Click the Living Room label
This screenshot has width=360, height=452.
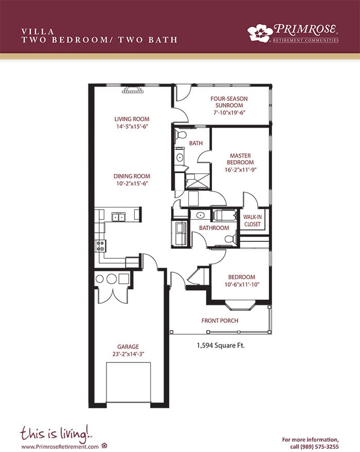pos(132,119)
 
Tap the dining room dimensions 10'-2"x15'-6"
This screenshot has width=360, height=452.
pos(132,184)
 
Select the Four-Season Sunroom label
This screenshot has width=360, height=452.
pos(229,102)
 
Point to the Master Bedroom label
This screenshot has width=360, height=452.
pos(240,159)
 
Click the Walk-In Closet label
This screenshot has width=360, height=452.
pos(253,220)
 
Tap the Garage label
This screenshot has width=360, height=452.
pos(128,346)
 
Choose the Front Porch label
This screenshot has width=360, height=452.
pos(220,321)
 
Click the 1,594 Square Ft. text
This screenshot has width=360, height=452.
pos(221,345)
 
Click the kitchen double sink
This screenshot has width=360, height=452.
pos(118,217)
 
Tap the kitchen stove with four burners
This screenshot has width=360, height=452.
pos(100,246)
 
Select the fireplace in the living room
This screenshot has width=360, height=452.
pos(133,90)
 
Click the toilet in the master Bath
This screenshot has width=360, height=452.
pos(181,134)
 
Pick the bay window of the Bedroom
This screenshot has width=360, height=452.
pos(240,305)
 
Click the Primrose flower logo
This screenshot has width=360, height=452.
pos(260,33)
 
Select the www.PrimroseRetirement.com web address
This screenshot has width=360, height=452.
pos(60,446)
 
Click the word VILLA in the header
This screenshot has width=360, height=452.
pos(38,31)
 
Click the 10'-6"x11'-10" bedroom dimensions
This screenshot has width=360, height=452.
pos(242,285)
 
